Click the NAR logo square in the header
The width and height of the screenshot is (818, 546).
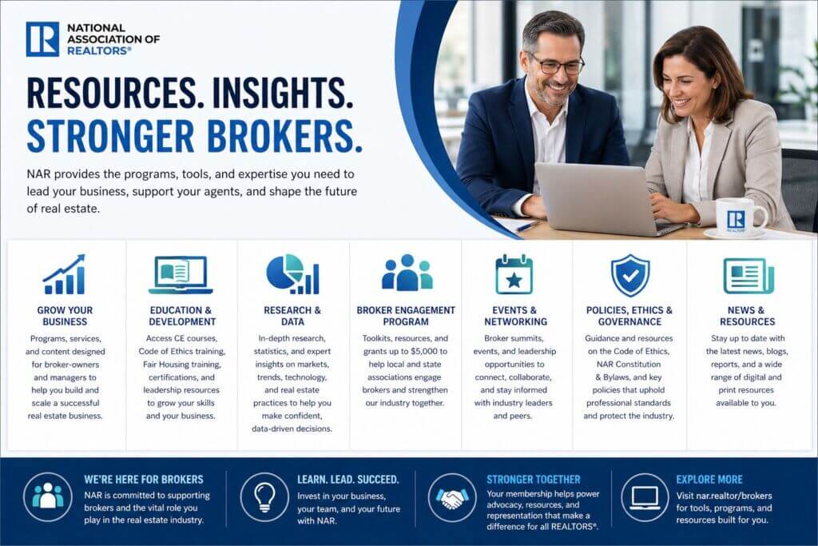point(42,39)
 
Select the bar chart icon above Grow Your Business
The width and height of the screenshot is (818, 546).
point(64,275)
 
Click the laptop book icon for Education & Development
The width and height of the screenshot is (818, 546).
point(181,275)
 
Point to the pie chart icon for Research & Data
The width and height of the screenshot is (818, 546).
point(292,274)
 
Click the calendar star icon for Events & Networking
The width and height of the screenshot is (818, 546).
point(514,275)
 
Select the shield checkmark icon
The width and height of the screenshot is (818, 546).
point(630,275)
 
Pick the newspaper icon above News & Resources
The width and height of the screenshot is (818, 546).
point(748,275)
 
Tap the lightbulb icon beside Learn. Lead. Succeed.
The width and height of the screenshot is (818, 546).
point(264,497)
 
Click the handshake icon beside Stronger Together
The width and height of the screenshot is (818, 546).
point(453,497)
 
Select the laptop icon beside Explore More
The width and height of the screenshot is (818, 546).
point(644,497)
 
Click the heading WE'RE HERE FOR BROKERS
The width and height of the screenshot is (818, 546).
point(144,480)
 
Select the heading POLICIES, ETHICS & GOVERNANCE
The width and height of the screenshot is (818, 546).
point(629,316)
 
